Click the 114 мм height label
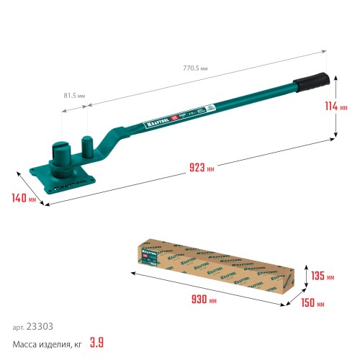tap(346, 106)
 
